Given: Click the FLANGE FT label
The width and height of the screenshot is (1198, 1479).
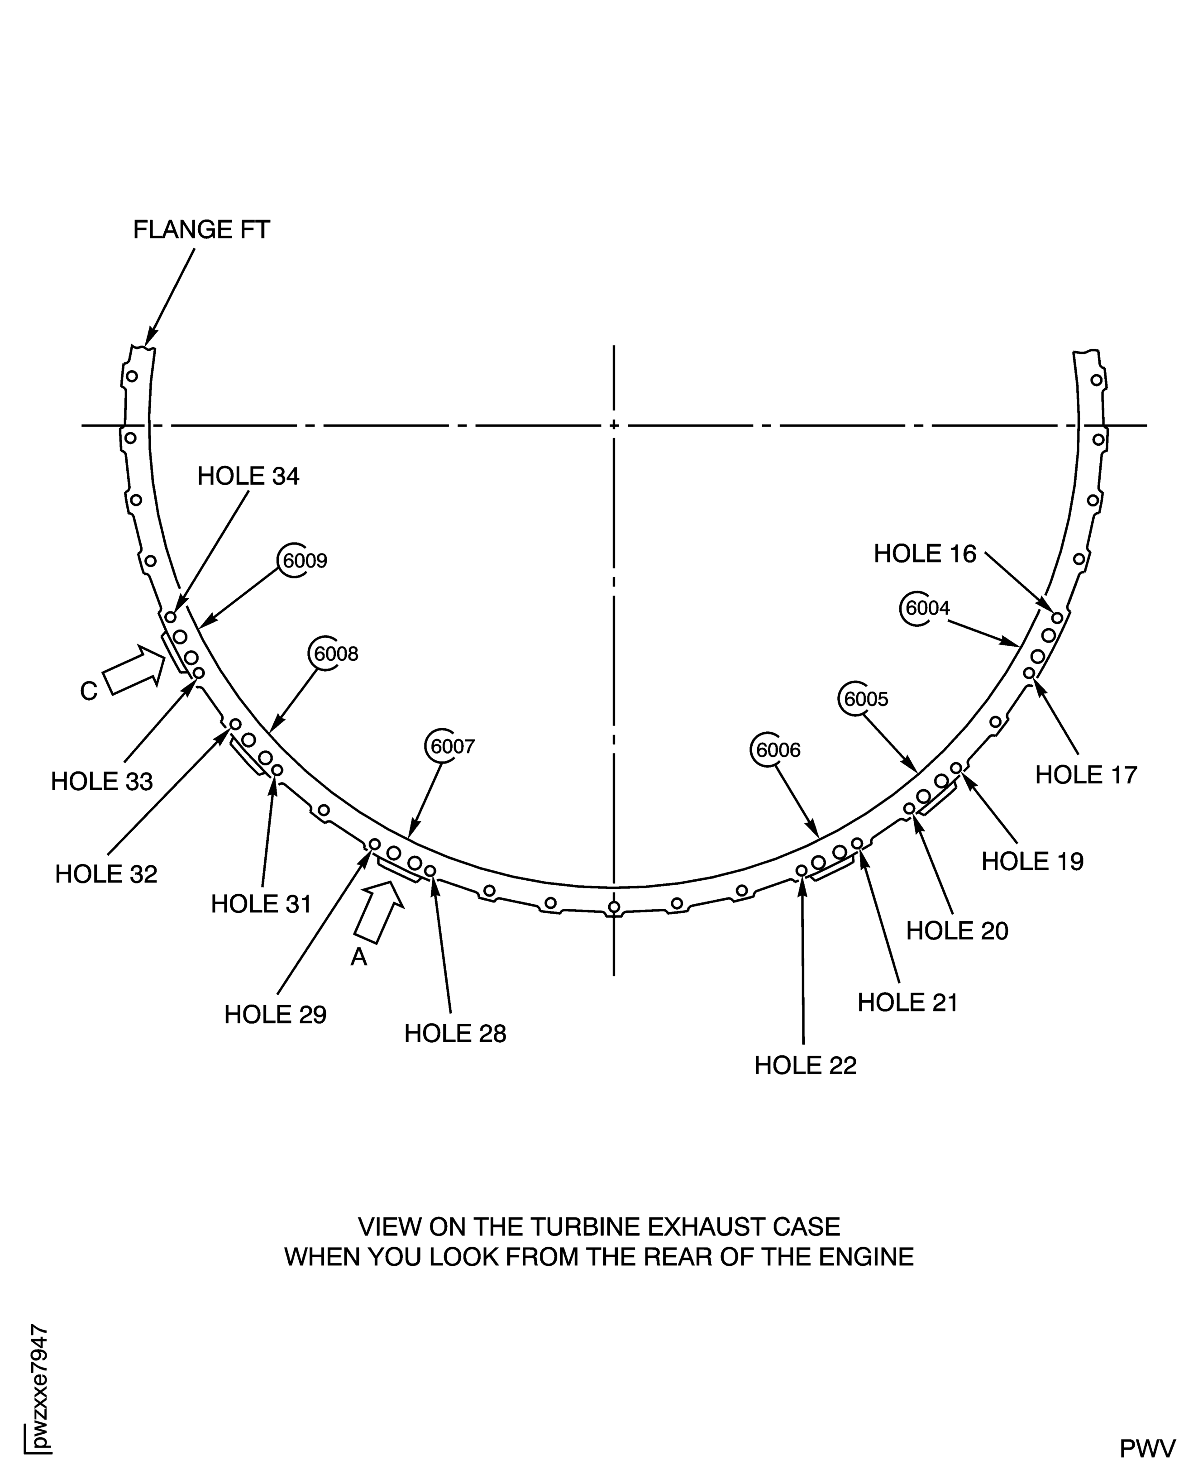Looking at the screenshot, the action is coord(201,230).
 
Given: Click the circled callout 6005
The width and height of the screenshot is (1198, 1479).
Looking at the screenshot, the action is coord(863,698).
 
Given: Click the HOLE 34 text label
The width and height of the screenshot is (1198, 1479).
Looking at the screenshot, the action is coord(248,476).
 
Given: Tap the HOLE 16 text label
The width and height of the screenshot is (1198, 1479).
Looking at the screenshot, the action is coord(926,553).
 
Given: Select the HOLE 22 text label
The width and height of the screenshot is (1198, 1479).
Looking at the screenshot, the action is coord(805,1066).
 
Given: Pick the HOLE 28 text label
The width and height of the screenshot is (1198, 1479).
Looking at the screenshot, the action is coord(455,1033).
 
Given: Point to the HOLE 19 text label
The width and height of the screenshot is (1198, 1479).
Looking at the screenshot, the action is coord(1032,861).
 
